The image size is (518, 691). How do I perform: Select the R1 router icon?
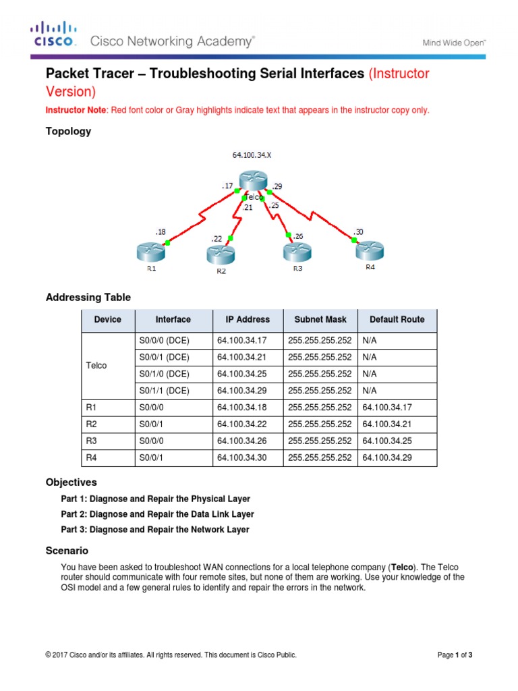click(x=151, y=252)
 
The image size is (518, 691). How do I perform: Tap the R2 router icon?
click(x=221, y=254)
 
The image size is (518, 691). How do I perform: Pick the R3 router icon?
click(x=297, y=252)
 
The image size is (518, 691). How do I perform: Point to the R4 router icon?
click(x=369, y=250)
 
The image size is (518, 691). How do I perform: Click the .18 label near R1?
click(x=160, y=232)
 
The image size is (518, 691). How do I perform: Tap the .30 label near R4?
click(x=358, y=231)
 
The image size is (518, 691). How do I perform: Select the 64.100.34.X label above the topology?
click(x=252, y=155)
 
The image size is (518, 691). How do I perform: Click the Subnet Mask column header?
click(x=320, y=320)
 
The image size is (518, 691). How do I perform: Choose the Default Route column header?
click(x=397, y=320)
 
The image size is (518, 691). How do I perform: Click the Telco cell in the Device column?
click(x=96, y=365)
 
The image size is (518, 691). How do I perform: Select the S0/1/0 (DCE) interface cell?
click(x=164, y=373)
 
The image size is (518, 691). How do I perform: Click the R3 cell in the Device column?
click(x=92, y=441)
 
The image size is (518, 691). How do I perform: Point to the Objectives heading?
click(x=71, y=482)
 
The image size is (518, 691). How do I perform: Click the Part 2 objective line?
click(x=157, y=514)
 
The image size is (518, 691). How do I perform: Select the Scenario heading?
click(x=67, y=551)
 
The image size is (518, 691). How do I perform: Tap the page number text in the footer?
click(x=455, y=655)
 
